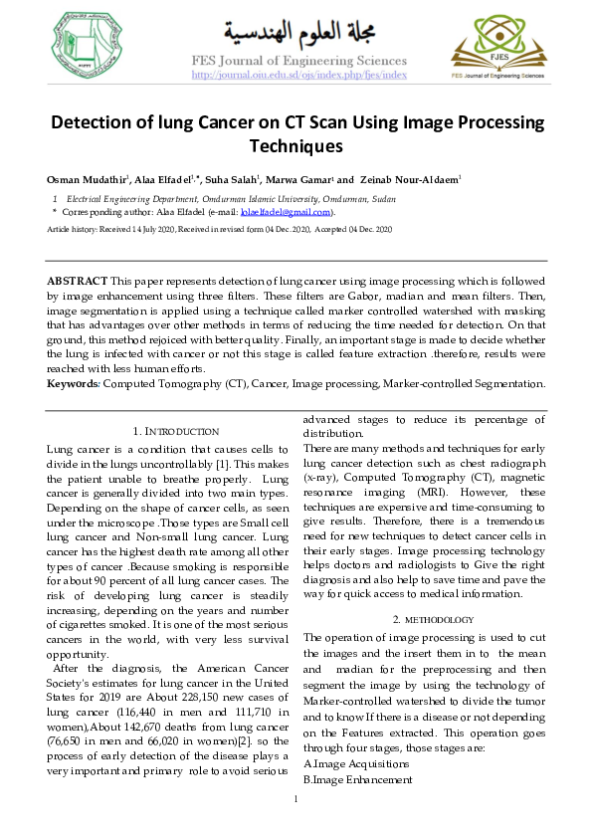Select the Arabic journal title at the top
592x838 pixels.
(297, 36)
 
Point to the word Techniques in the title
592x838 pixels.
(296, 146)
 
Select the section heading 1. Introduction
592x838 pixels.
(175, 432)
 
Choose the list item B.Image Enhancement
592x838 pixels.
(348, 779)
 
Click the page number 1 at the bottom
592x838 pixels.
(296, 800)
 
